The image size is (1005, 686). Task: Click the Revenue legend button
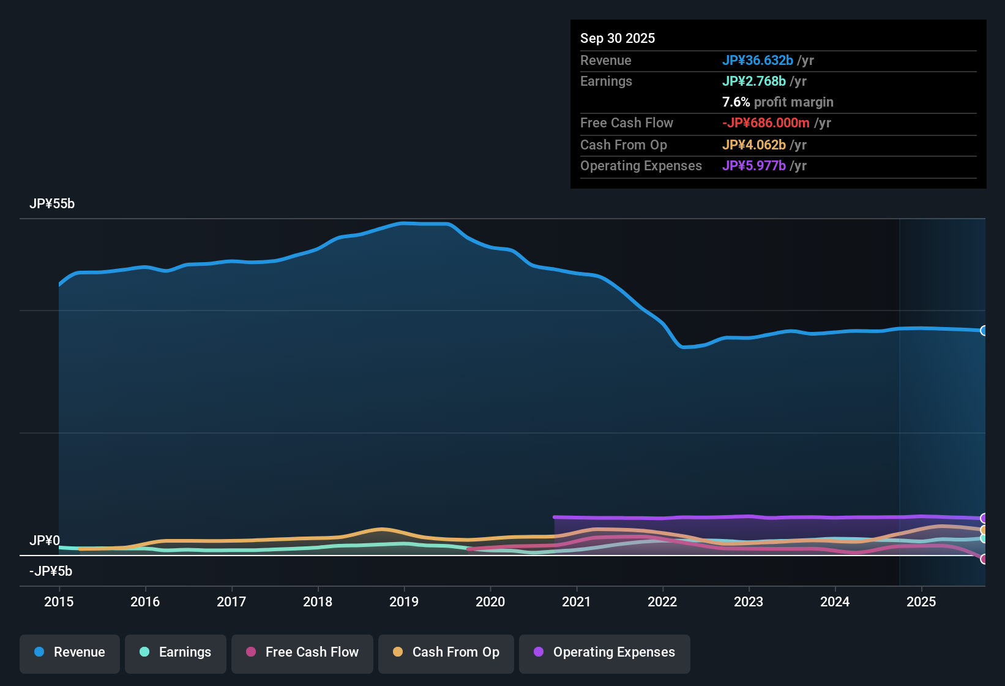70,652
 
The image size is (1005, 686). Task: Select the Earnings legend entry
176,652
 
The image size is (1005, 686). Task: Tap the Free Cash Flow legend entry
302,652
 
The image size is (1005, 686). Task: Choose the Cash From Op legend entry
446,652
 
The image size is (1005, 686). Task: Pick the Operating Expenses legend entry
605,652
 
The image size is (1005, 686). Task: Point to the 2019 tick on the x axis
404,601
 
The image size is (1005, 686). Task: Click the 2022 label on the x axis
662,601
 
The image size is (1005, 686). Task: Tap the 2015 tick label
59,601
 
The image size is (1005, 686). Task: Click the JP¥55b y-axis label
52,204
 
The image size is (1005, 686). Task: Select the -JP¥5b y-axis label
51,571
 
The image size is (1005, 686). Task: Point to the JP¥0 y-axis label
45,541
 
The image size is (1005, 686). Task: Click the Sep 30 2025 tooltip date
618,38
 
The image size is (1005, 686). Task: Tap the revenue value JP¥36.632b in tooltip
757,60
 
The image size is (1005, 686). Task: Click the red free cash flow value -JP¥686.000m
766,123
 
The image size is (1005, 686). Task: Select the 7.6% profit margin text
777,102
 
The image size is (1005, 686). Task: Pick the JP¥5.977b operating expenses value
753,165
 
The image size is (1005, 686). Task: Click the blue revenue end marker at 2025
984,331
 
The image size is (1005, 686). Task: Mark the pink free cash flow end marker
984,559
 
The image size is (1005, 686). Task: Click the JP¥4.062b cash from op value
753,145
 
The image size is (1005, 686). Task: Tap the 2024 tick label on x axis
835,601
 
